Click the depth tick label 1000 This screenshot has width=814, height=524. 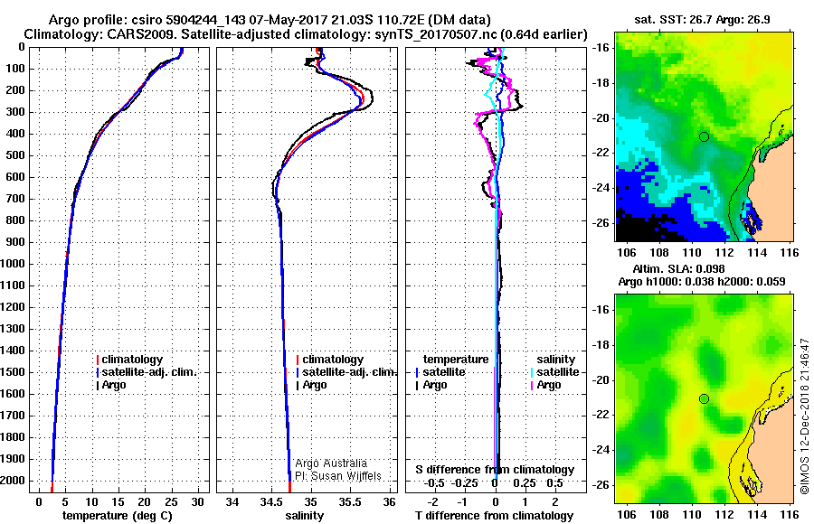click(13, 264)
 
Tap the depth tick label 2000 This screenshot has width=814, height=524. click(13, 481)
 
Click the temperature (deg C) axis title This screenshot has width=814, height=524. click(117, 516)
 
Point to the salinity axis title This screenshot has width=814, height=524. click(304, 516)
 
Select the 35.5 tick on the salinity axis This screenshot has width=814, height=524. click(350, 502)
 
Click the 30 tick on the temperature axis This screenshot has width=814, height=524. click(197, 502)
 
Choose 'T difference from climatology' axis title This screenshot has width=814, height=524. click(494, 516)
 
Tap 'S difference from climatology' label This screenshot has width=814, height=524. click(495, 470)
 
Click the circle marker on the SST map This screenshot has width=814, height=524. click(704, 137)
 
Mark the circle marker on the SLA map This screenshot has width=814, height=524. click(704, 399)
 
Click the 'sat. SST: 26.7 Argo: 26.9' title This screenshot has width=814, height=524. click(702, 20)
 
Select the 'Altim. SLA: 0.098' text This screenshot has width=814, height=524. click(678, 269)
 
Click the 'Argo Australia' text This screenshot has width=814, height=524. click(331, 463)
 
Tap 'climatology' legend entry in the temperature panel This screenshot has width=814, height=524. click(129, 360)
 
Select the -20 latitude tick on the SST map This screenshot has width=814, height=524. click(601, 118)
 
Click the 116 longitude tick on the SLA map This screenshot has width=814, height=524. click(790, 514)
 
